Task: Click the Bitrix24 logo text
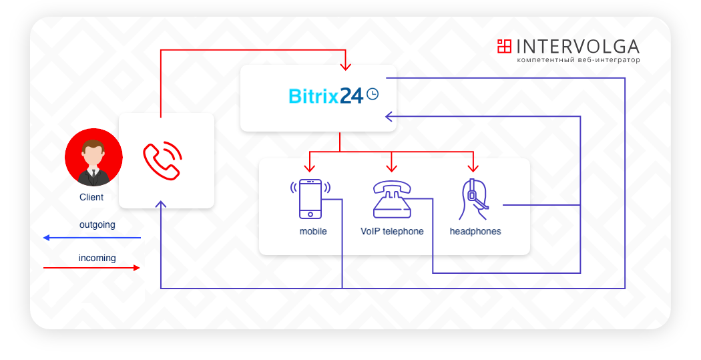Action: [326, 96]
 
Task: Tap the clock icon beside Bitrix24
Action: [373, 94]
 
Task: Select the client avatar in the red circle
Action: [93, 158]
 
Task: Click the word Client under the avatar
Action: [91, 197]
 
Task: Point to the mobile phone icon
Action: [310, 198]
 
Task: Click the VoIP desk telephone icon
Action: [392, 199]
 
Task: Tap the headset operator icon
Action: [474, 200]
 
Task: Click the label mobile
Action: [313, 231]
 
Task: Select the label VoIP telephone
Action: [392, 231]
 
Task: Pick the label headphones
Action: [475, 231]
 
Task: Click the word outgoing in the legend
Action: [97, 224]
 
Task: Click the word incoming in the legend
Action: [97, 258]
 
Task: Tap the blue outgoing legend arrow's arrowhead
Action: [46, 238]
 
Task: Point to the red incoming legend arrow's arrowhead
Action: [137, 268]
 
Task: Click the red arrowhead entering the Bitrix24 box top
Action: [345, 67]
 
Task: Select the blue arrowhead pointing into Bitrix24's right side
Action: [389, 117]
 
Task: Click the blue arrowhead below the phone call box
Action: [161, 204]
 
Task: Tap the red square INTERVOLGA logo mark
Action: [504, 46]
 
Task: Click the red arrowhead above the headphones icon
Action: [473, 168]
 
